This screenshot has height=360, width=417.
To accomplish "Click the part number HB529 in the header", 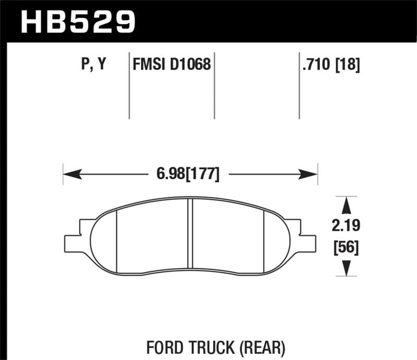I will pos(77,22).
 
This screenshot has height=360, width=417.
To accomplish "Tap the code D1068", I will pos(191,65).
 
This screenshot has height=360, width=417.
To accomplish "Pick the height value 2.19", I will pos(345,226).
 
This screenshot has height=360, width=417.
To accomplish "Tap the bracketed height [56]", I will pos(345,247).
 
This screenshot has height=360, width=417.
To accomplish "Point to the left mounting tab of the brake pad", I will pos(73,241).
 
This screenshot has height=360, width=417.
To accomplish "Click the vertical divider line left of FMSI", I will pos(129,86).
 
